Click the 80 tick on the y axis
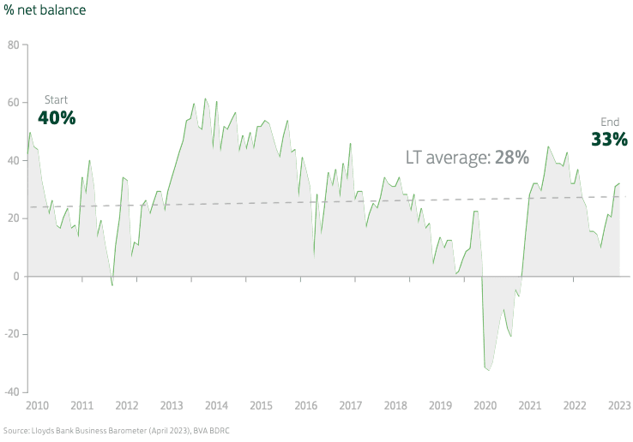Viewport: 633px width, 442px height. pos(13,44)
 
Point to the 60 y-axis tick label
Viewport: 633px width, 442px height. pos(13,102)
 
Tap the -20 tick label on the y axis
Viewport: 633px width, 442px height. pos(11,334)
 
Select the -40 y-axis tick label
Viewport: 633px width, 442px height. pos(11,392)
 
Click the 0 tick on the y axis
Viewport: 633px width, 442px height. pos(15,276)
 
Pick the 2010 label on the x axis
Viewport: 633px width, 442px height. pos(37,405)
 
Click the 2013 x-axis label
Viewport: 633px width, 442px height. pos(171,405)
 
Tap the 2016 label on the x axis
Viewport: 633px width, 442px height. pos(305,405)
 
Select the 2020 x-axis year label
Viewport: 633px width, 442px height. pos(485,405)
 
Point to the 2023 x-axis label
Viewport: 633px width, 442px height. pos(619,405)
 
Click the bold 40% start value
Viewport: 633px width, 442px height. pos(57,118)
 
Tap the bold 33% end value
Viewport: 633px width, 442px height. pos(610,139)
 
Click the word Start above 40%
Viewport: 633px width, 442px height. pos(56,100)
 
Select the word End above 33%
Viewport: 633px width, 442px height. pos(610,122)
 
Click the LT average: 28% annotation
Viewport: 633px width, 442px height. pos(467,158)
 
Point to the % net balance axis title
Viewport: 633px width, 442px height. pos(44,10)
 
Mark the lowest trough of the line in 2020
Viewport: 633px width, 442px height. pos(489,370)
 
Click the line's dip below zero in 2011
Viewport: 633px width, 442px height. pos(112,284)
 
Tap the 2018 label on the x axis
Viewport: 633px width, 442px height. pos(395,405)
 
